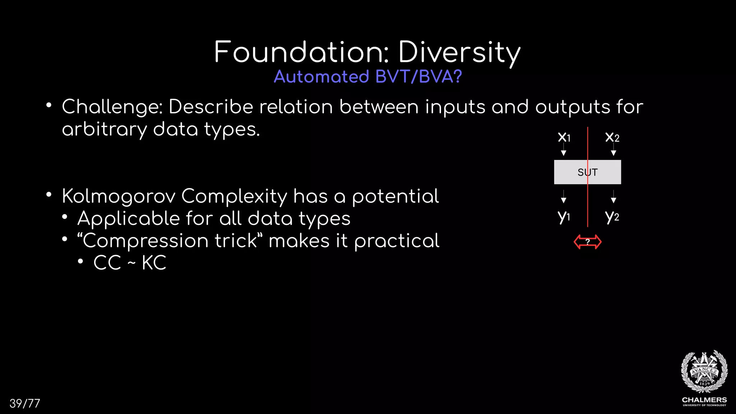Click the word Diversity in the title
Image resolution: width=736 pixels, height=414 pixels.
pyautogui.click(x=459, y=53)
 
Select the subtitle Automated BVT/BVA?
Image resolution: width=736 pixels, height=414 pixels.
pyautogui.click(x=368, y=77)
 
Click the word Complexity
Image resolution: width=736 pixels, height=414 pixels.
pyautogui.click(x=234, y=197)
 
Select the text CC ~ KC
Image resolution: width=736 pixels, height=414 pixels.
pyautogui.click(x=130, y=263)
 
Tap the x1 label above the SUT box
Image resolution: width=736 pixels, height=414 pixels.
pyautogui.click(x=564, y=137)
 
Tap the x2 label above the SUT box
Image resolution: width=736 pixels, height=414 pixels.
pyautogui.click(x=612, y=137)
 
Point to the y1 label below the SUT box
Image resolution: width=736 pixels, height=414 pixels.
pyautogui.click(x=563, y=216)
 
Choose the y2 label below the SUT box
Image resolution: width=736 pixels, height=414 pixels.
pyautogui.click(x=612, y=216)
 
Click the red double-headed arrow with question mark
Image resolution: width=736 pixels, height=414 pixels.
pyautogui.click(x=588, y=242)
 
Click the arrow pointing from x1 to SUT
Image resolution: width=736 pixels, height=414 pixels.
pyautogui.click(x=563, y=149)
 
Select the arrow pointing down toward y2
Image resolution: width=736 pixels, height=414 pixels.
pyautogui.click(x=613, y=197)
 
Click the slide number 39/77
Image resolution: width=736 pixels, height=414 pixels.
pyautogui.click(x=25, y=404)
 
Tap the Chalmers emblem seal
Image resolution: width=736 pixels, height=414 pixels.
pyautogui.click(x=704, y=372)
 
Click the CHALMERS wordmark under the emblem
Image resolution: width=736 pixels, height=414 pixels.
pyautogui.click(x=704, y=400)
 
